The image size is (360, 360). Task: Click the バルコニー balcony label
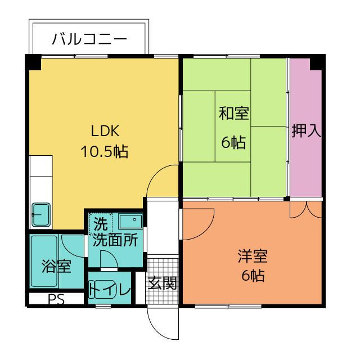coord(89,39)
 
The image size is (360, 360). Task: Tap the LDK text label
coord(105,130)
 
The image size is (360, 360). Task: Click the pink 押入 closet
coord(305,130)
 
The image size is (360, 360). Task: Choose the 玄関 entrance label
coord(163,283)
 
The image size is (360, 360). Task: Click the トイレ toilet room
coord(110,290)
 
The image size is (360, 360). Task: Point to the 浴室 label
coord(56,265)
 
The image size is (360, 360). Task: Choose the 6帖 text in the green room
coord(233,142)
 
